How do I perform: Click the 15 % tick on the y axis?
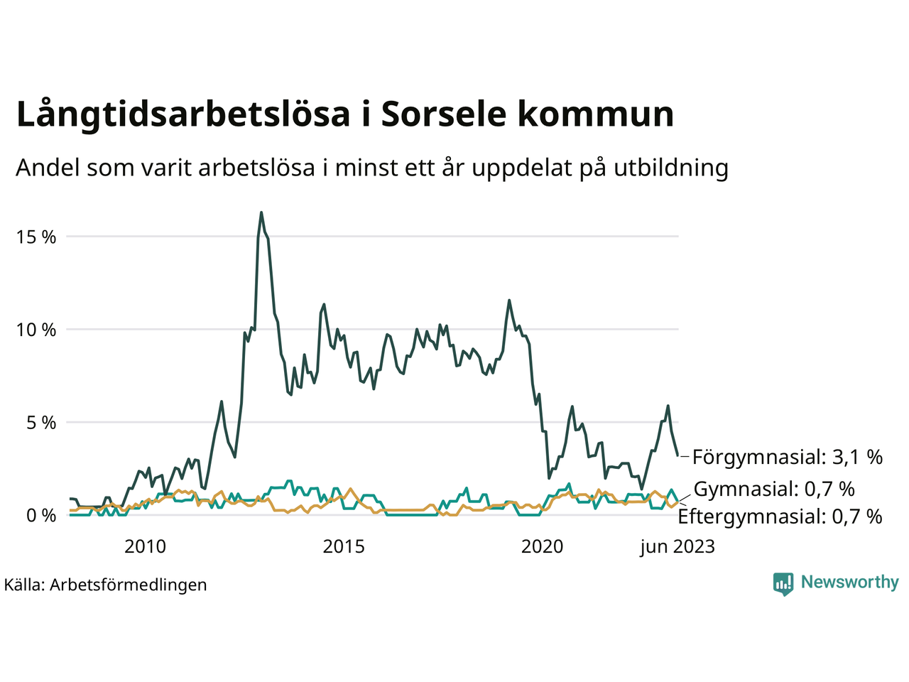pos(36,237)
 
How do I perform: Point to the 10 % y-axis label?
pos(36,330)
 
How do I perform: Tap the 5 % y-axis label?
pos(40,423)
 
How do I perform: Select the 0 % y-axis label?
pos(40,516)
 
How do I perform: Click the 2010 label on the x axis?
pos(145,547)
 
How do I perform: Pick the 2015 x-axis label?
pos(344,547)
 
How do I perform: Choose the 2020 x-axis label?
pos(542,547)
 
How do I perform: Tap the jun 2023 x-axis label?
pos(677,547)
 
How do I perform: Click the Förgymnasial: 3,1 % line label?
pos(787,457)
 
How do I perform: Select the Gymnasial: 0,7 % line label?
pos(774,489)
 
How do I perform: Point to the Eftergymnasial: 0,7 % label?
pos(780,516)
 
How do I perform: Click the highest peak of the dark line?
pos(261,212)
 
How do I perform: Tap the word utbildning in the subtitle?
pos(671,168)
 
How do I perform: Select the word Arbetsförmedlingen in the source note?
pos(129,585)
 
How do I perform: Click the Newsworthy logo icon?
pos(783,584)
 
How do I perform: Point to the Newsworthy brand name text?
pos(849,583)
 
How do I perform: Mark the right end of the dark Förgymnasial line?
pos(678,455)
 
